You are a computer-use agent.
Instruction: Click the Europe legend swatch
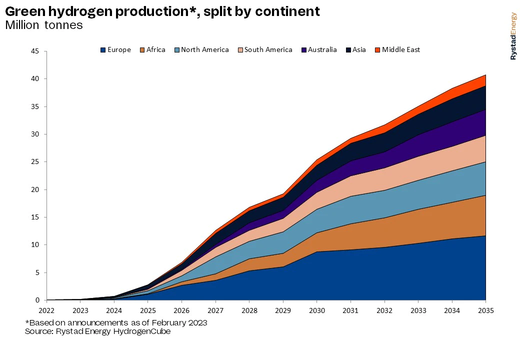(x=103, y=50)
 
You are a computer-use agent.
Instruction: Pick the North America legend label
(x=204, y=50)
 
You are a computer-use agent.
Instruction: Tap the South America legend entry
(x=268, y=50)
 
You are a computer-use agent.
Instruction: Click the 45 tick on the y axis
(x=35, y=51)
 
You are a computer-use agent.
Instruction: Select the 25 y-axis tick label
(x=35, y=162)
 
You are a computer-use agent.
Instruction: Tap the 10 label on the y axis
(x=35, y=245)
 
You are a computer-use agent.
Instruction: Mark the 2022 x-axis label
(x=46, y=310)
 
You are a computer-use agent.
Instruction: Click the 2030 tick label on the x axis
(x=316, y=310)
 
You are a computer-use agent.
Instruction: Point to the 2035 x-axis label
(x=485, y=310)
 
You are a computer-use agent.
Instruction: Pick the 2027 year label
(x=215, y=310)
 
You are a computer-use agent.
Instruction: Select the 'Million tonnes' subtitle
(x=44, y=25)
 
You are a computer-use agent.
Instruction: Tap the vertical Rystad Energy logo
(x=513, y=36)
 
